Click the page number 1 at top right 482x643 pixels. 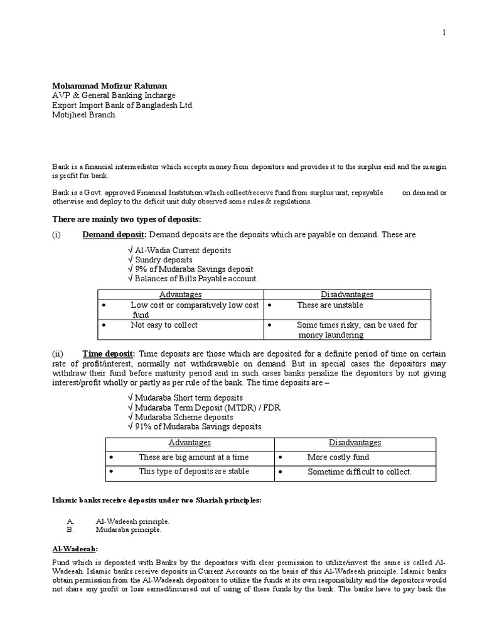click(x=444, y=33)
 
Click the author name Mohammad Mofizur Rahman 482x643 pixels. click(x=109, y=85)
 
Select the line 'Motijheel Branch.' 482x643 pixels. click(x=83, y=116)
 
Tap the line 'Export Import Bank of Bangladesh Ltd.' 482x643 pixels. click(x=122, y=105)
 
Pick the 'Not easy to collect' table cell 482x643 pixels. click(x=164, y=325)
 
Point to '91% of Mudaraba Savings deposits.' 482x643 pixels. click(x=194, y=426)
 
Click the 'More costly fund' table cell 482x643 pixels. click(x=338, y=457)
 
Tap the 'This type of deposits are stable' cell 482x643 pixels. click(x=185, y=471)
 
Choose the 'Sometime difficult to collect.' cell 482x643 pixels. click(x=359, y=472)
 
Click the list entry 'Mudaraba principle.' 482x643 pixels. click(x=128, y=529)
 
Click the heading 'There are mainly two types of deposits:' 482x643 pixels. click(x=125, y=219)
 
